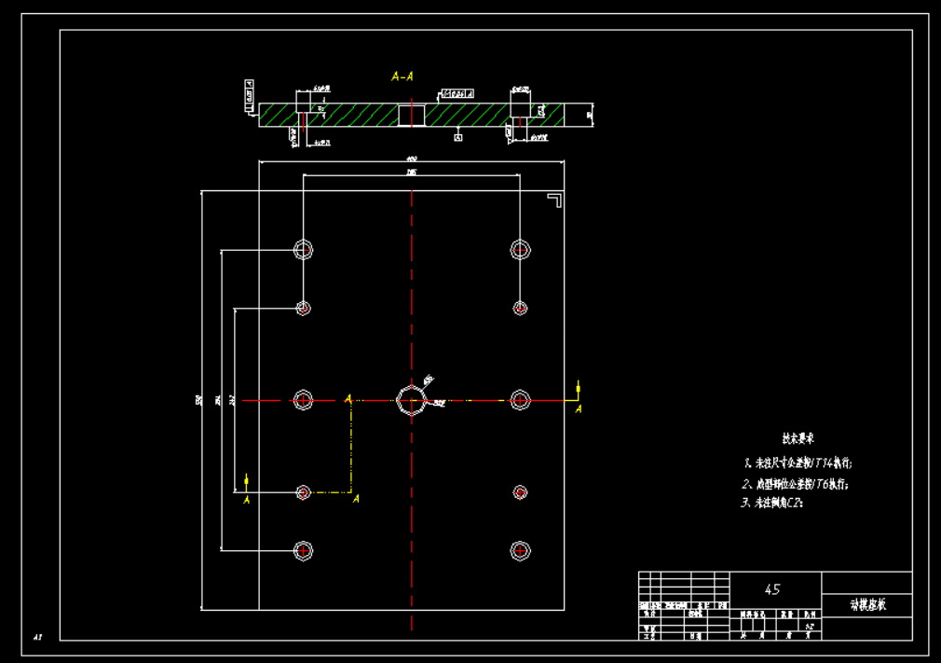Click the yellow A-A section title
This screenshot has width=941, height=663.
[x=402, y=76]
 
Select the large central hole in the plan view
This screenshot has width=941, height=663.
[x=410, y=400]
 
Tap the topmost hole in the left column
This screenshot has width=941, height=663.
[x=303, y=249]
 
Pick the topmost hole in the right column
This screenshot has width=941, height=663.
[x=520, y=249]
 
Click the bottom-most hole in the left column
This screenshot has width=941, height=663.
[x=303, y=551]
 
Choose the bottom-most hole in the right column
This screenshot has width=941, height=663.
[x=520, y=551]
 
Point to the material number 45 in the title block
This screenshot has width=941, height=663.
[x=771, y=589]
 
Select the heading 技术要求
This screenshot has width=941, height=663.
[x=798, y=437]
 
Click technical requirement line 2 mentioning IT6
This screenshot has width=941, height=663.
[x=796, y=484]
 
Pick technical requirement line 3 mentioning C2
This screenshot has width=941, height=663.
[x=772, y=503]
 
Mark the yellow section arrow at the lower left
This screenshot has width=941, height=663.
[x=247, y=481]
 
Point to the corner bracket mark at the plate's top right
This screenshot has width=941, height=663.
[x=554, y=200]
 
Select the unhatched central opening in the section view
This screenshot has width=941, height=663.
[x=412, y=115]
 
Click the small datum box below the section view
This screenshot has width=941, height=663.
[x=458, y=137]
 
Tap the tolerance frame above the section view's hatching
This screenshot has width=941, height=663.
[x=457, y=94]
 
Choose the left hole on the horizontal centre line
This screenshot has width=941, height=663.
[x=303, y=400]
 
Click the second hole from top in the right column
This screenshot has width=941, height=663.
[x=520, y=308]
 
